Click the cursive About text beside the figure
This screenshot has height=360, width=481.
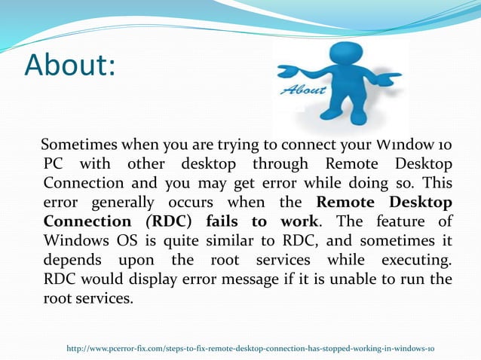[304, 90]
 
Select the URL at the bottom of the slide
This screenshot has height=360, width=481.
[250, 348]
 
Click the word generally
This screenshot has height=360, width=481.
[122, 203]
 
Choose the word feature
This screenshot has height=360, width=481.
[400, 222]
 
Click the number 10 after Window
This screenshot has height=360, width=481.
[444, 144]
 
